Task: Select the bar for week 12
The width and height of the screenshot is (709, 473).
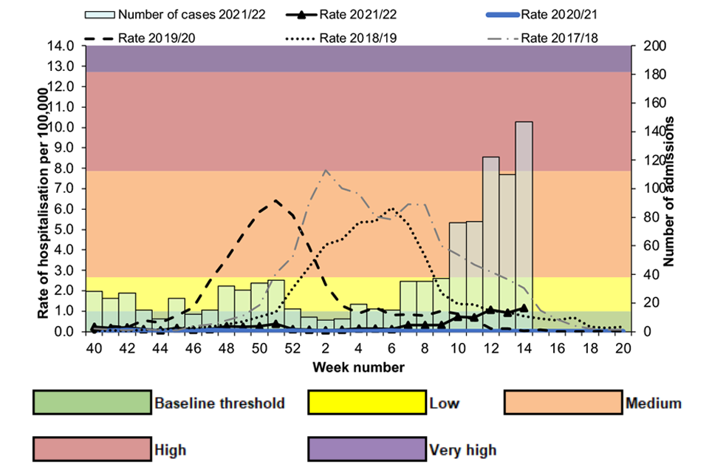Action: pyautogui.click(x=491, y=244)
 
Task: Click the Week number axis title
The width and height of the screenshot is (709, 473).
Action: pyautogui.click(x=357, y=367)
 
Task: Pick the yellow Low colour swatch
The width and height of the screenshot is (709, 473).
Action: pyautogui.click(x=366, y=403)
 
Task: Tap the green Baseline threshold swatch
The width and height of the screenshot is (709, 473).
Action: pyautogui.click(x=92, y=403)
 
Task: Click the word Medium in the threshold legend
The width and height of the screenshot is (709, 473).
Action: pyautogui.click(x=653, y=404)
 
